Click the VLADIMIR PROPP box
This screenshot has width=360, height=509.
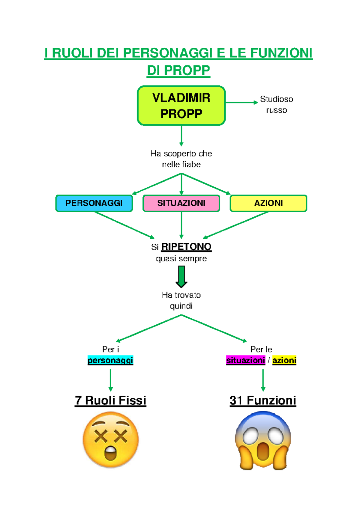(181, 106)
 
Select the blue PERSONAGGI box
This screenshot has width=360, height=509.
(94, 203)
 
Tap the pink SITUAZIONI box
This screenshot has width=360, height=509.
(181, 203)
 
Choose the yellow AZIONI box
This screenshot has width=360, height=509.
(268, 203)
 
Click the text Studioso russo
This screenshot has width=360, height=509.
(276, 104)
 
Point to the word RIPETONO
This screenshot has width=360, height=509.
(186, 247)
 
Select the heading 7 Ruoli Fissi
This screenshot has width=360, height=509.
(110, 400)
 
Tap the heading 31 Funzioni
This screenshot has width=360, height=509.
(263, 400)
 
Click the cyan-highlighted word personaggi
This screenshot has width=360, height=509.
(110, 360)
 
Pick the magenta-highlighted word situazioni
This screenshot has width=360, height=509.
(246, 360)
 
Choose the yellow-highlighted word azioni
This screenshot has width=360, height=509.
(284, 360)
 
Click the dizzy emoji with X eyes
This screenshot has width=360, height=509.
(110, 439)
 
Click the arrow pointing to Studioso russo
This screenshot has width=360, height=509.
(241, 103)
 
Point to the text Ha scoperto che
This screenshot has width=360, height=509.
(181, 153)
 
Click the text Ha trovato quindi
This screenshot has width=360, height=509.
(181, 300)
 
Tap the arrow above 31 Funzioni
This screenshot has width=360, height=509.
(263, 380)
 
